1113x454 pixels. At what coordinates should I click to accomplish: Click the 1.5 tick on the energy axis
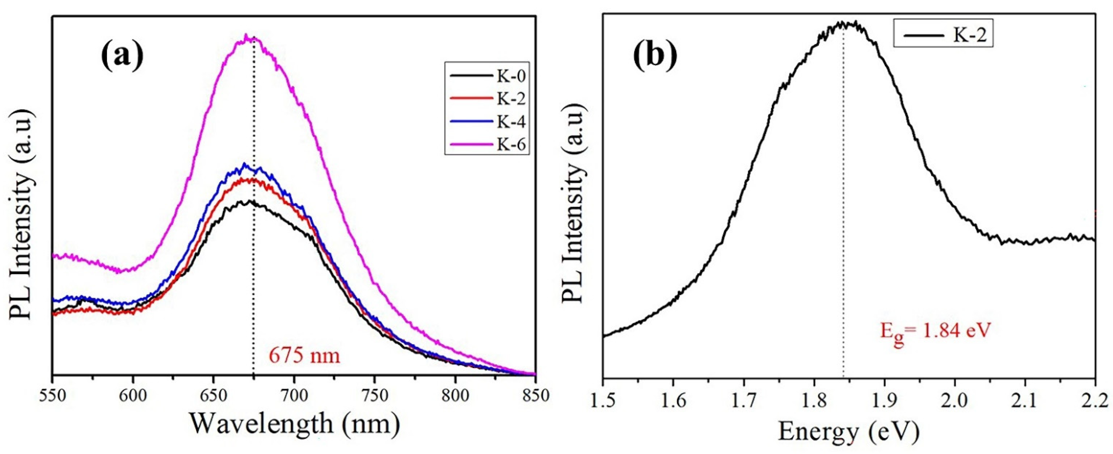point(603,403)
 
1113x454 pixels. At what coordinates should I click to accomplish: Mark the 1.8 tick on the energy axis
point(814,403)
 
